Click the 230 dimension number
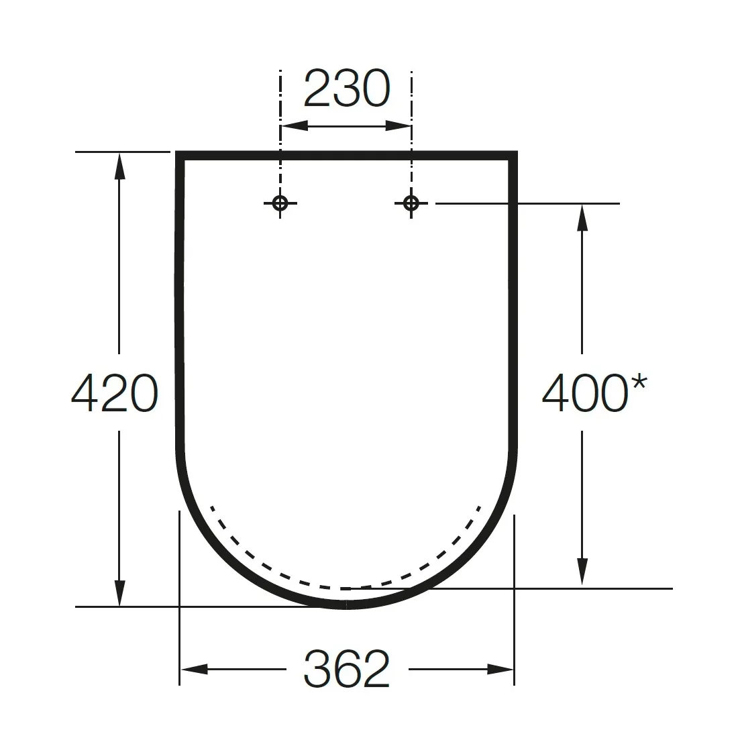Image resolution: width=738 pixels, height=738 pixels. point(347,88)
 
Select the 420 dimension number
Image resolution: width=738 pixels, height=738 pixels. point(115,393)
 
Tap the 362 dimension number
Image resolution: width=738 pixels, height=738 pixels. point(347,668)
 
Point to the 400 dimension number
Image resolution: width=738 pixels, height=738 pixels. point(585,393)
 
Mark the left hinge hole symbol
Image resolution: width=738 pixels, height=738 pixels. point(280,203)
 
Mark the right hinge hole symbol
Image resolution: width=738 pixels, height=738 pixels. point(411,203)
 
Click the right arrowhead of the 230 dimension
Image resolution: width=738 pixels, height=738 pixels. point(398,126)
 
